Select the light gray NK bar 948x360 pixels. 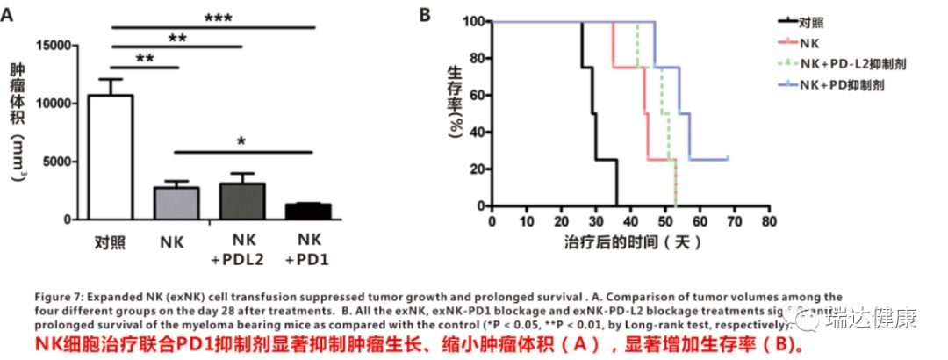(176, 204)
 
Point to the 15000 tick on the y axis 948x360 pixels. (58, 45)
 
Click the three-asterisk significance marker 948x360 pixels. (223, 17)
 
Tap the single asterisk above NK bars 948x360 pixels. (241, 140)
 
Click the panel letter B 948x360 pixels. (424, 15)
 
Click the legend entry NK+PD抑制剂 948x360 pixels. (848, 85)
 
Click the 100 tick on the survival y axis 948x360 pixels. (475, 21)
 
